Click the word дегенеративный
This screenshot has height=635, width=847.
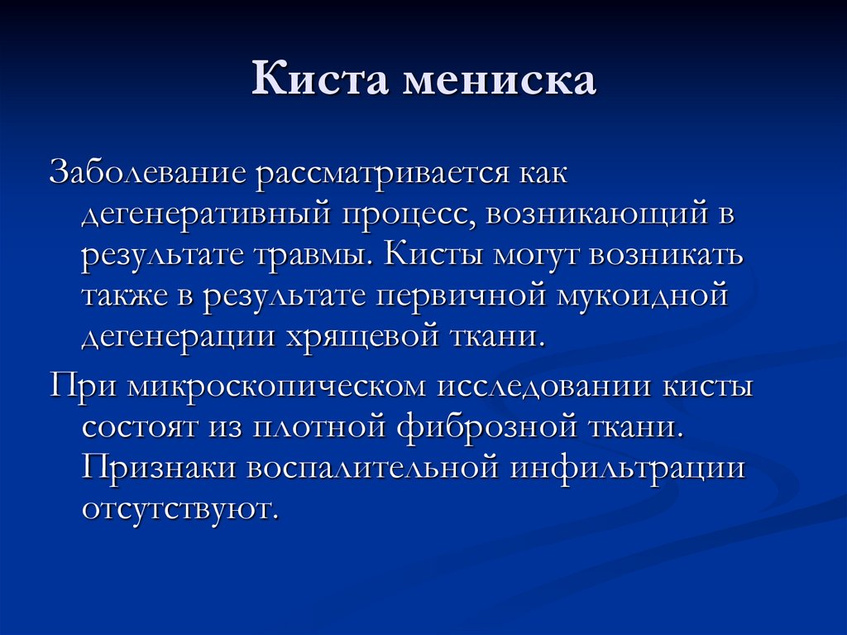(202, 214)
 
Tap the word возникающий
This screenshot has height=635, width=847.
(591, 214)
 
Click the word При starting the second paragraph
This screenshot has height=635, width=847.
(79, 387)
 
